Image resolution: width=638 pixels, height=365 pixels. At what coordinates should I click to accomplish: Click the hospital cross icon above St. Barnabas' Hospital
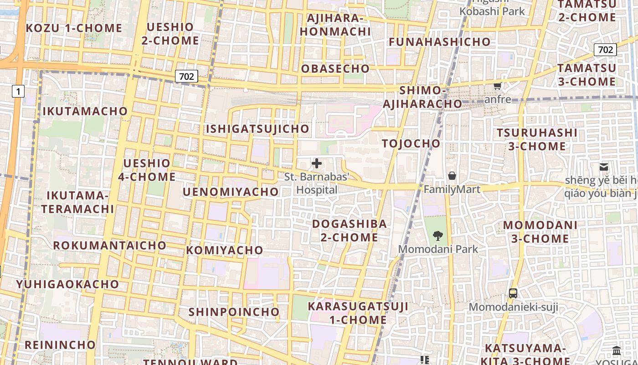[317, 163]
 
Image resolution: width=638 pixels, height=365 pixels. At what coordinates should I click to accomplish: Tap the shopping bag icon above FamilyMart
[452, 176]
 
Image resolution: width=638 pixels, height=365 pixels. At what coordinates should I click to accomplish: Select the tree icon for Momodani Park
[438, 236]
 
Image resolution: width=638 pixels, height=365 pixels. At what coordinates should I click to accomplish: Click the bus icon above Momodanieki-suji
[513, 293]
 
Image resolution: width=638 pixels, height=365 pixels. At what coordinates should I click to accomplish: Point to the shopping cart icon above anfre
[498, 86]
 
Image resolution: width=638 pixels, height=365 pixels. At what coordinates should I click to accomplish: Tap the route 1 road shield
[18, 92]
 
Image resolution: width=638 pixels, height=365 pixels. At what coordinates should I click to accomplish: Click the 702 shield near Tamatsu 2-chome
[605, 50]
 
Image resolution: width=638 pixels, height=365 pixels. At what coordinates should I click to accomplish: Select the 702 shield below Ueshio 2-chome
[186, 77]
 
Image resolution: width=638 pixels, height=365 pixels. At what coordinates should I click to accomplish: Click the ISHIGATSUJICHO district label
[257, 129]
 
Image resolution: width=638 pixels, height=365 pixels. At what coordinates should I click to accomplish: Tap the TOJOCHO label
[412, 144]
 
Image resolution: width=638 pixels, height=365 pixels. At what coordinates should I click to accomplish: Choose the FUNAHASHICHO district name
[440, 42]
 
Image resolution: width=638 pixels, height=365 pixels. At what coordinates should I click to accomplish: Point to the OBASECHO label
[335, 69]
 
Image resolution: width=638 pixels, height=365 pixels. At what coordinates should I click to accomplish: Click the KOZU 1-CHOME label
[74, 28]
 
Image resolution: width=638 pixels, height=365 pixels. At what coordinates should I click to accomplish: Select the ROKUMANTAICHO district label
[110, 245]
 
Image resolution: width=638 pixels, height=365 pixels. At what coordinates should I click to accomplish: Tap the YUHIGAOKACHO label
[67, 284]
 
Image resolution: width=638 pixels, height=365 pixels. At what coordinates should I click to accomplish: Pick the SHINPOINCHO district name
[234, 312]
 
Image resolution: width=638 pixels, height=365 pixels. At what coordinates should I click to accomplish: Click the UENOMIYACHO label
[231, 192]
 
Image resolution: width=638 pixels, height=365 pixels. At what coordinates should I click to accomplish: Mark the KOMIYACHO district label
[225, 250]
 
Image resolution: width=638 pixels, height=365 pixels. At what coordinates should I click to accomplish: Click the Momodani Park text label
[438, 249]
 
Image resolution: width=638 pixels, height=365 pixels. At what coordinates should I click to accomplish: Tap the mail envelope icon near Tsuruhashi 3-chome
[604, 167]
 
